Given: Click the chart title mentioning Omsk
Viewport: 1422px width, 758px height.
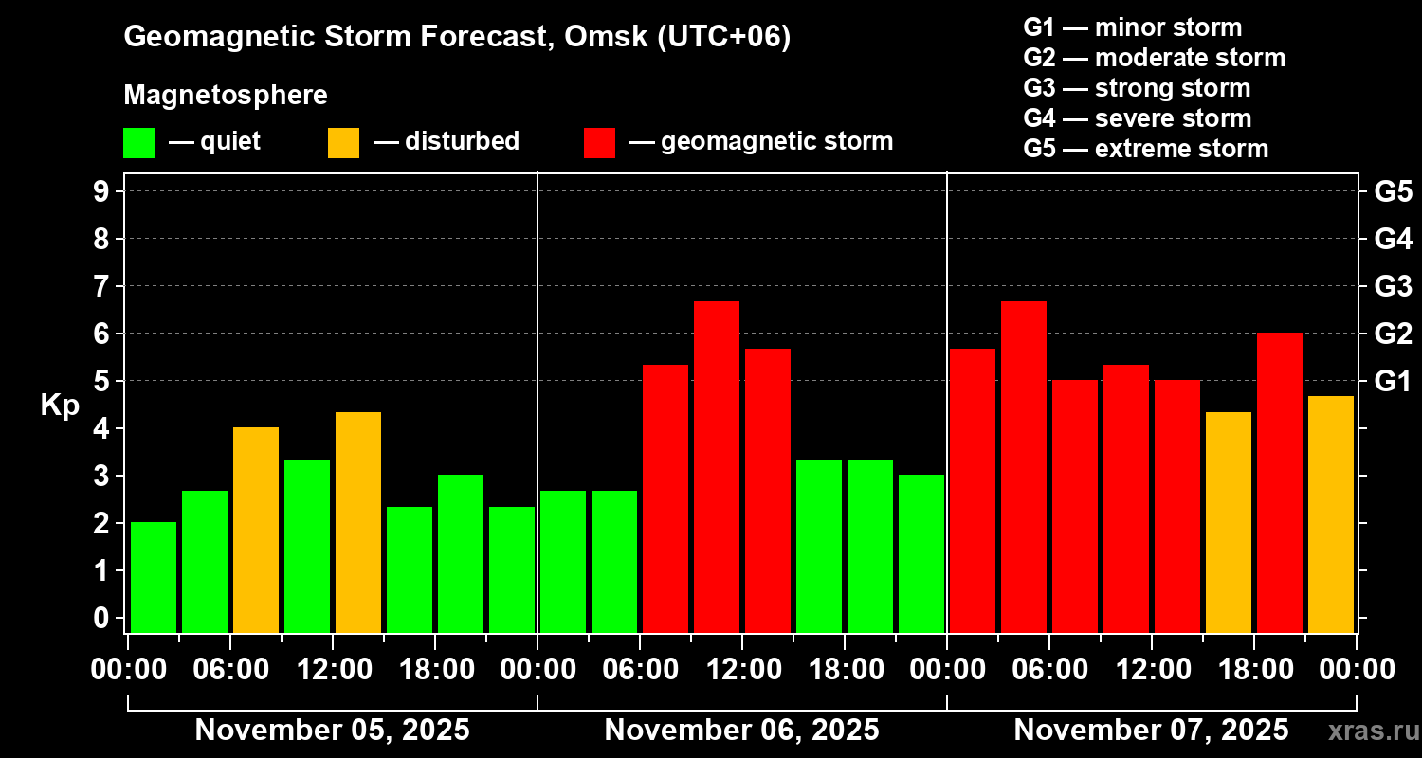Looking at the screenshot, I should click(457, 37).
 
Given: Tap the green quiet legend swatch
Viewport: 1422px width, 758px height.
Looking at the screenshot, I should click(138, 142).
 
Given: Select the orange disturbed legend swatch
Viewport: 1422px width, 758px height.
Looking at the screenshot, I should click(343, 142).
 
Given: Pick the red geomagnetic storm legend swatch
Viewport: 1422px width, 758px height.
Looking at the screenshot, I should click(599, 142).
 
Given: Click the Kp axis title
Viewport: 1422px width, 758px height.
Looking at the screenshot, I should click(60, 406).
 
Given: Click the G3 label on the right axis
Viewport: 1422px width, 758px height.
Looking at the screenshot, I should click(1393, 286).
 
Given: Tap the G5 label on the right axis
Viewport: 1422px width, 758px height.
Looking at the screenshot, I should click(1393, 191).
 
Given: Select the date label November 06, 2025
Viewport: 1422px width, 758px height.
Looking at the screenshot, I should click(741, 731).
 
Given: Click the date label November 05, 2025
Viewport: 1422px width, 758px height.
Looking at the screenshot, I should click(332, 731).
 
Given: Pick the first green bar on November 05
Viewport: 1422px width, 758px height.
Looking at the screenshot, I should click(154, 577).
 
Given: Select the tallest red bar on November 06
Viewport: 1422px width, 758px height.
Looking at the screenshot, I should click(717, 466).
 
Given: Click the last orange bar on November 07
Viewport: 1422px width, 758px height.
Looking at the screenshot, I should click(1331, 514).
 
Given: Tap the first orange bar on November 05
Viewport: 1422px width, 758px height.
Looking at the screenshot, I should click(256, 530).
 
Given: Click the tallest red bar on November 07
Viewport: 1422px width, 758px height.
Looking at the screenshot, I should click(1024, 466).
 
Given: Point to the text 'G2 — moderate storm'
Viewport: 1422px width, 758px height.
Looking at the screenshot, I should click(1154, 58).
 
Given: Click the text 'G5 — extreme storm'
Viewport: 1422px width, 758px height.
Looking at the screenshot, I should click(1145, 149).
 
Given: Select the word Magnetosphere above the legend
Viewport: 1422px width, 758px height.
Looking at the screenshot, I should click(226, 96).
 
